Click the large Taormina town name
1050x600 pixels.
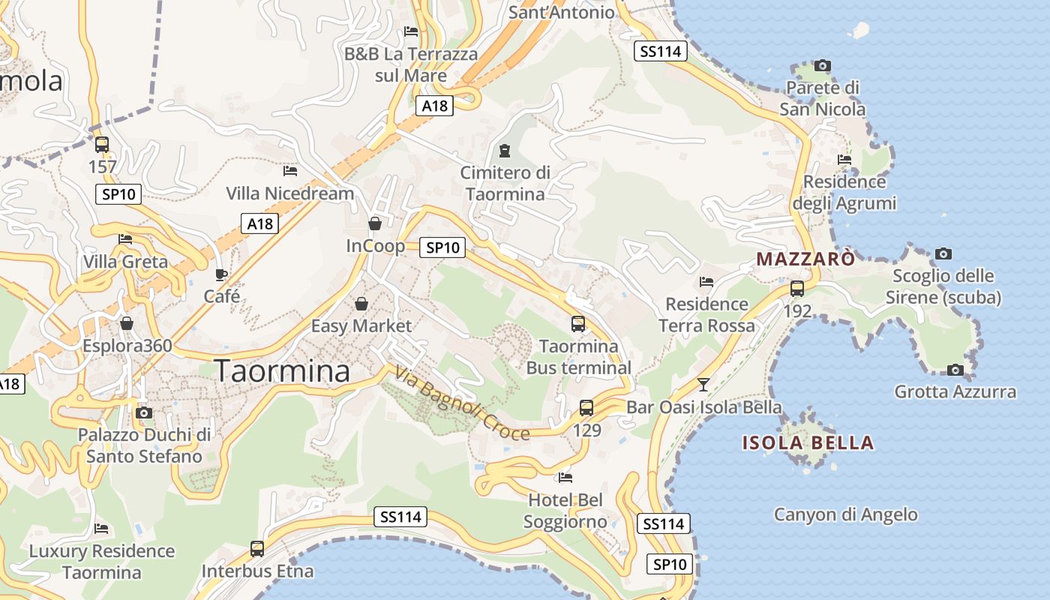point(282,371)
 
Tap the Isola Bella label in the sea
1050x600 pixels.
point(808,442)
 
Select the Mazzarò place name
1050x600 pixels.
point(805,259)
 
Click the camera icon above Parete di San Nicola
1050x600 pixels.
point(823,65)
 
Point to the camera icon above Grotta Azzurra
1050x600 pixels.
point(955,370)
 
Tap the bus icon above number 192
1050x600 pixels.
point(797,288)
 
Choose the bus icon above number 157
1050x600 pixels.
point(102,144)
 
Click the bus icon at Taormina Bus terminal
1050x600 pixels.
point(578,324)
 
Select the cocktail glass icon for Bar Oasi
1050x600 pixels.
point(703,385)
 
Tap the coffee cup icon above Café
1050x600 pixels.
point(220,274)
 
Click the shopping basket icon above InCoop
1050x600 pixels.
point(375,223)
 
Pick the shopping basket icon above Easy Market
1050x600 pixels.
point(361,304)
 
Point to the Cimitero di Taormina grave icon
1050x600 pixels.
point(505,151)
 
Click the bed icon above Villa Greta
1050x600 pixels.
point(125,239)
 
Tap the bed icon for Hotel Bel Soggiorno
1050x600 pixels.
point(565,477)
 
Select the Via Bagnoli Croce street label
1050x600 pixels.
point(462,403)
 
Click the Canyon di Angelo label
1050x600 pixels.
point(845,514)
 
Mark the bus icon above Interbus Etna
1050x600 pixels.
point(257,548)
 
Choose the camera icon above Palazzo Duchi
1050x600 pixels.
point(144,412)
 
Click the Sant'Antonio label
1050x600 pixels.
point(561,12)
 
